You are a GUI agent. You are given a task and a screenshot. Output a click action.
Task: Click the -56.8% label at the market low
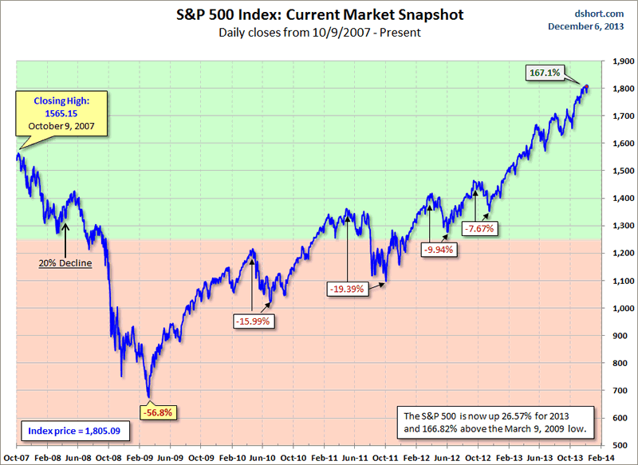click(x=156, y=413)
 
